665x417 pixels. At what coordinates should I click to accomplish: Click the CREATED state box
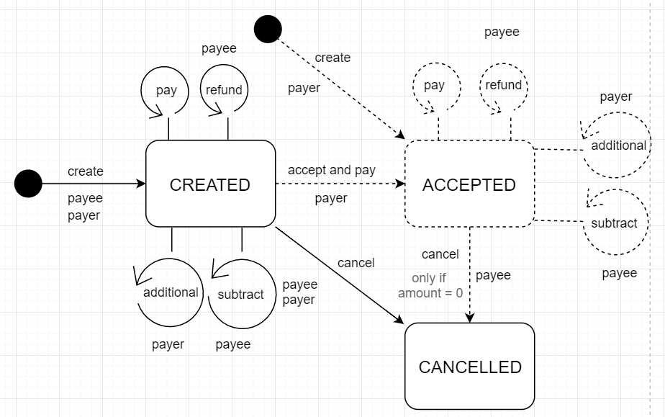[210, 184]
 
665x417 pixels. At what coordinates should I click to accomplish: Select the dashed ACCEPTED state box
[469, 184]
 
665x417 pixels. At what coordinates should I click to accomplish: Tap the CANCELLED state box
[469, 367]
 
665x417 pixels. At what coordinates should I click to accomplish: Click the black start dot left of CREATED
[29, 184]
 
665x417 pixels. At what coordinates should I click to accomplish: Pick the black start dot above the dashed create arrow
[268, 30]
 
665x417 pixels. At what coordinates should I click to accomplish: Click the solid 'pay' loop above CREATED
[166, 90]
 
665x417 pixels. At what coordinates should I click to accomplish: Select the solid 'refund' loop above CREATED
[224, 90]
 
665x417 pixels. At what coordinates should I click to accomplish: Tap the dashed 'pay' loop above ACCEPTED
[434, 86]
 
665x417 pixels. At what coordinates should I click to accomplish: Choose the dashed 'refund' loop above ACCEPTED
[503, 85]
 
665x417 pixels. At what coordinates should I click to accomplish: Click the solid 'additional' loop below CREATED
[171, 292]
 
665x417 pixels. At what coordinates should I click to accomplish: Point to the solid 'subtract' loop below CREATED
[240, 294]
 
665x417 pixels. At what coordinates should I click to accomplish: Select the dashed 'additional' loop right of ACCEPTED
[617, 145]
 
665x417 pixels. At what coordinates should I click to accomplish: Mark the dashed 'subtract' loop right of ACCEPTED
[614, 223]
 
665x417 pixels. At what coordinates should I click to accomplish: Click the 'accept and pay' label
[332, 170]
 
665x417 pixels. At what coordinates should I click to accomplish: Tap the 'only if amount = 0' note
[430, 286]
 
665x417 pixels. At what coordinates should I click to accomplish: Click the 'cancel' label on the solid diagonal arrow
[356, 263]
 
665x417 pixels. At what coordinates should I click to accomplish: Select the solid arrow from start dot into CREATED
[94, 184]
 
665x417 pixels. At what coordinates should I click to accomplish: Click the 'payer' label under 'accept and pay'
[331, 198]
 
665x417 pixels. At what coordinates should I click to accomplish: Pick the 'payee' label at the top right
[502, 32]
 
